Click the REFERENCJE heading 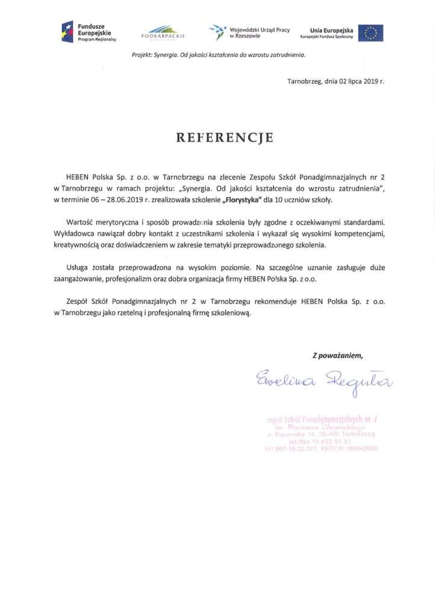[x=224, y=138]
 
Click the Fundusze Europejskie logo [x=89, y=31]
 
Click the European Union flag [x=370, y=32]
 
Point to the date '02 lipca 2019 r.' [x=353, y=81]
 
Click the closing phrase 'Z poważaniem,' [x=337, y=355]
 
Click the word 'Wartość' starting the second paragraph [x=80, y=222]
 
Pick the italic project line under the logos [x=219, y=55]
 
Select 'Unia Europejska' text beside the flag [x=331, y=29]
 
